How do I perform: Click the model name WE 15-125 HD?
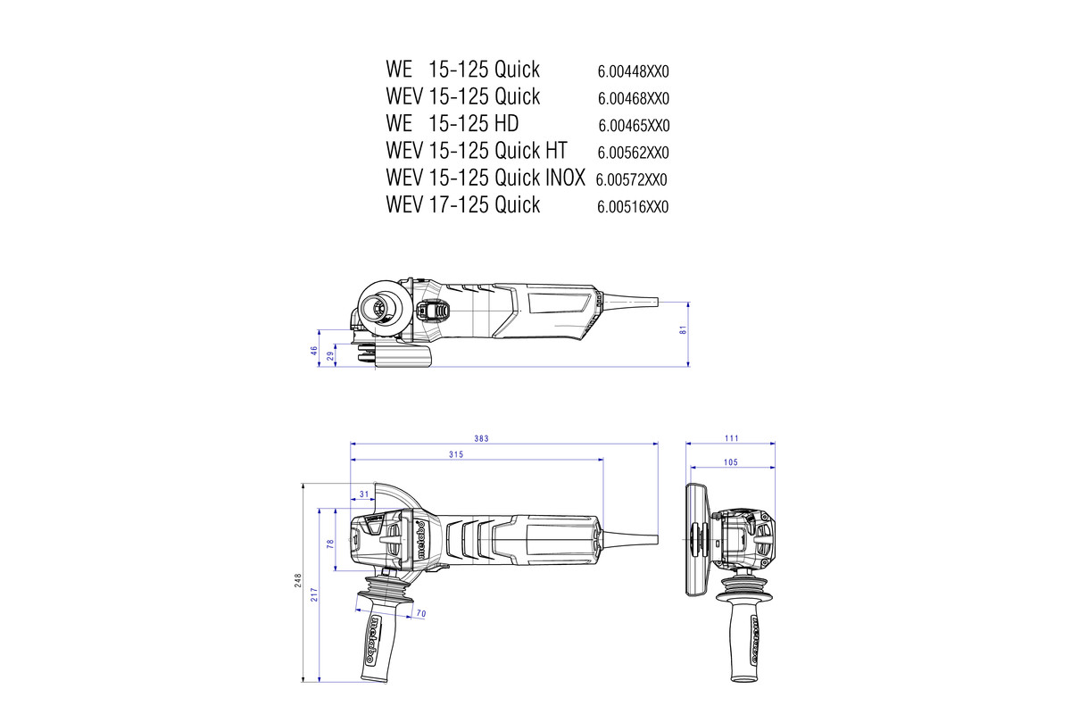pos(452,123)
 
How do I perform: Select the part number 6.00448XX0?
pos(633,71)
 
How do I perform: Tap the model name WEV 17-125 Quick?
pos(462,205)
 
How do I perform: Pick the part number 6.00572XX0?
pos(631,180)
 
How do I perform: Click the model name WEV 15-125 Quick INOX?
pos(485,178)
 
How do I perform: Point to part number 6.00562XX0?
pos(633,153)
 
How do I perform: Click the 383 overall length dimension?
pos(507,438)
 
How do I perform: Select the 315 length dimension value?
pos(455,455)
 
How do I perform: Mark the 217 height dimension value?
pos(315,595)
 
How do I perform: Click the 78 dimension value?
pos(331,543)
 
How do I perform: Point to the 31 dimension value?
pos(363,494)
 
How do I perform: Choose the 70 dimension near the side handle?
pos(420,613)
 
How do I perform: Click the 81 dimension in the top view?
pos(683,329)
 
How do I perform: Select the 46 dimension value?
pos(314,351)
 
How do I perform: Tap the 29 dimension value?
pos(330,356)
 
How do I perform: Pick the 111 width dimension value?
pos(732,438)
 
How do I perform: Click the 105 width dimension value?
pos(729,462)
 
